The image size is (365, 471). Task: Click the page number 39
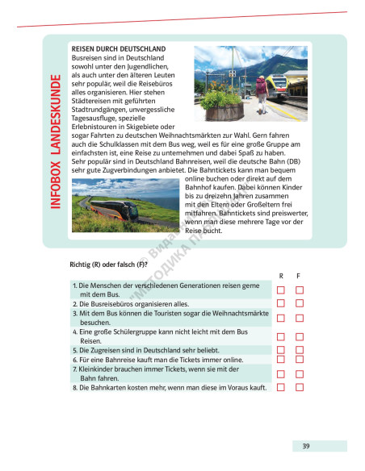306,446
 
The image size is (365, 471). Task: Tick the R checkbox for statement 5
281,350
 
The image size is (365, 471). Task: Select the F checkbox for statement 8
300,387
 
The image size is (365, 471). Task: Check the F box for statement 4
300,336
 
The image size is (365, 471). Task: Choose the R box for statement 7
281,374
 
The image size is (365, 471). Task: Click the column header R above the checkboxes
281,275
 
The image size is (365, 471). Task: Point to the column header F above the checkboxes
300,275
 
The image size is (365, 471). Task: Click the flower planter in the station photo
224,108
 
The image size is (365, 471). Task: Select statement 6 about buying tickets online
157,360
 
